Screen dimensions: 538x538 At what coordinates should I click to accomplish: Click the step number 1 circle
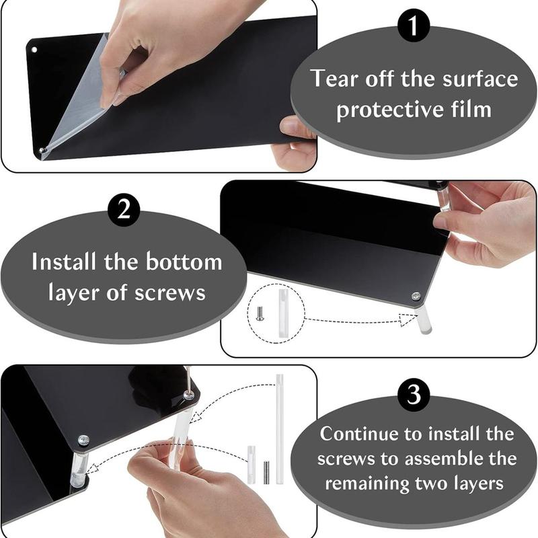point(414,25)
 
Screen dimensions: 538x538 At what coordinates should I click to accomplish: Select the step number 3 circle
point(414,394)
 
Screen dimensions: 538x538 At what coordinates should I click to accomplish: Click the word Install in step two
point(63,262)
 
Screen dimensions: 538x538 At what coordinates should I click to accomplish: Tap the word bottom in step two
point(184,262)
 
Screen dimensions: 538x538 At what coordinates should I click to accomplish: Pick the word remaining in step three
point(367,484)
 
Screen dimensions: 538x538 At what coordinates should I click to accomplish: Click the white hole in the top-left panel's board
point(34,50)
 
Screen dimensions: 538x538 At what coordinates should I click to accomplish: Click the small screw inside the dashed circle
point(260,313)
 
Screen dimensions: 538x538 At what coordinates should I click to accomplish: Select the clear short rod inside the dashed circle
point(282,312)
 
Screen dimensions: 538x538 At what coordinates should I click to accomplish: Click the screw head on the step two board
point(416,296)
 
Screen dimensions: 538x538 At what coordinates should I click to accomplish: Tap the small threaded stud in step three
point(266,473)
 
